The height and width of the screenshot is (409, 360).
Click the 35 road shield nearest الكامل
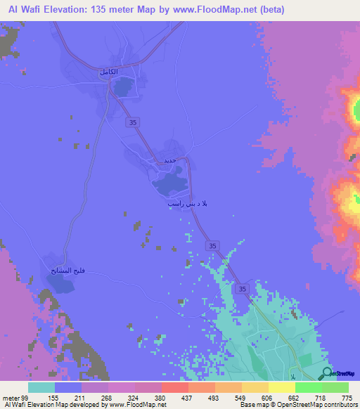pos(134,122)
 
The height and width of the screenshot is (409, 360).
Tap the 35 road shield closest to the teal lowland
pos(243,289)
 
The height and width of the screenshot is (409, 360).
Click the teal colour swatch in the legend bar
pos(41,387)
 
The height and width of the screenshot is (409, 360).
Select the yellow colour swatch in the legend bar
pos(281,387)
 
